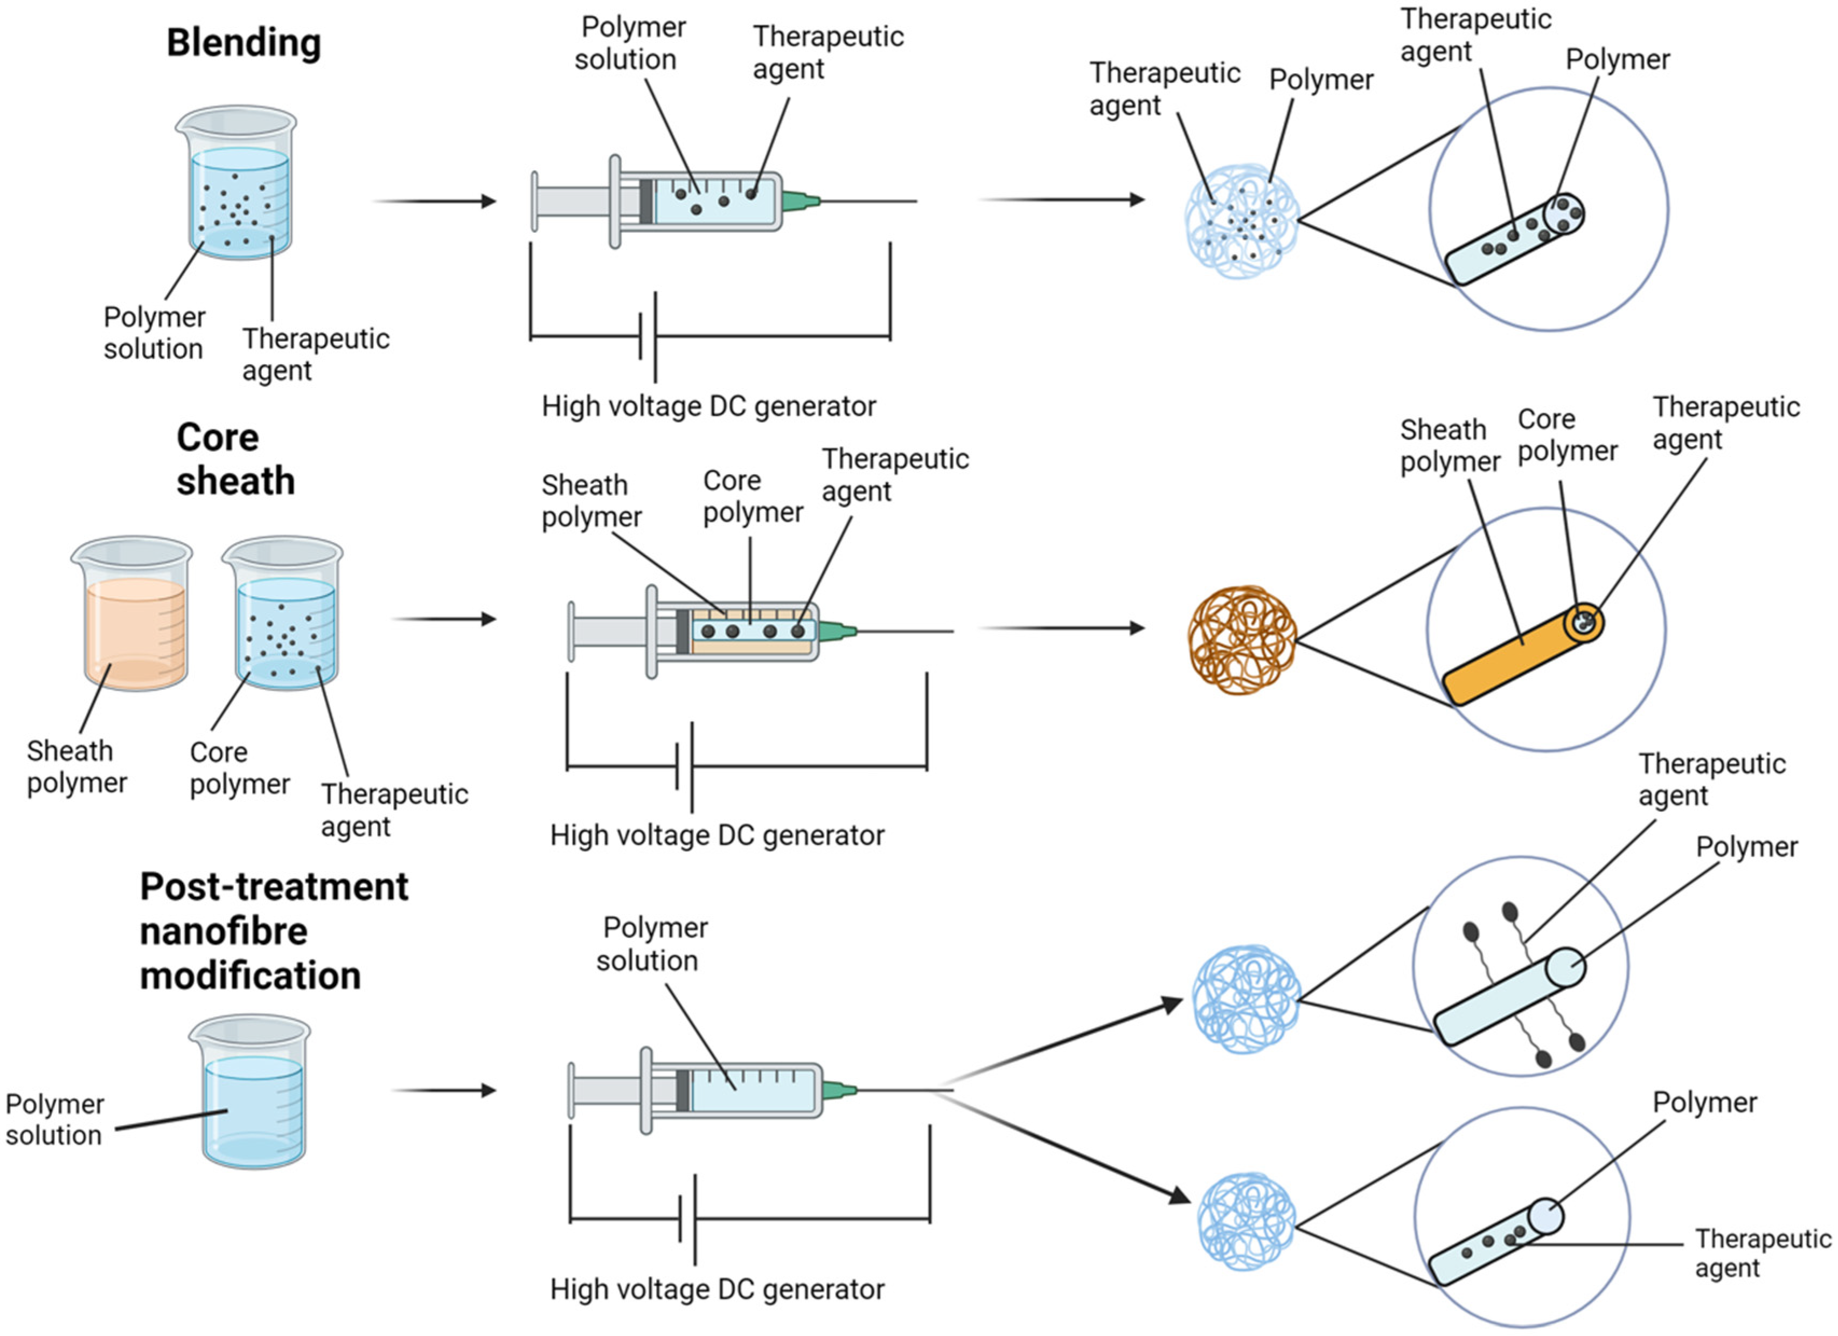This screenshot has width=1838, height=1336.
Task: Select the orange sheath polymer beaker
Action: click(134, 616)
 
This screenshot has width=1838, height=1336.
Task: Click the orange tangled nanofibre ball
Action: click(1242, 640)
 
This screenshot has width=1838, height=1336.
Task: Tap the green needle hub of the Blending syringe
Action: click(799, 200)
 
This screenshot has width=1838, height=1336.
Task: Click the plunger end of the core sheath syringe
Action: click(572, 632)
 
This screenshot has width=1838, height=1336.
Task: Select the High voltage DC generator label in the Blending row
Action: click(708, 406)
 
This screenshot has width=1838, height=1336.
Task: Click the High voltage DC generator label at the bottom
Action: click(716, 1289)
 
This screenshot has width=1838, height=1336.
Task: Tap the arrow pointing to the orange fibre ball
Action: click(1062, 628)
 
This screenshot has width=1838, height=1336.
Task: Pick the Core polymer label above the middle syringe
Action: click(752, 497)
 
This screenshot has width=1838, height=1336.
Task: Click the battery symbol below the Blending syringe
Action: click(649, 336)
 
